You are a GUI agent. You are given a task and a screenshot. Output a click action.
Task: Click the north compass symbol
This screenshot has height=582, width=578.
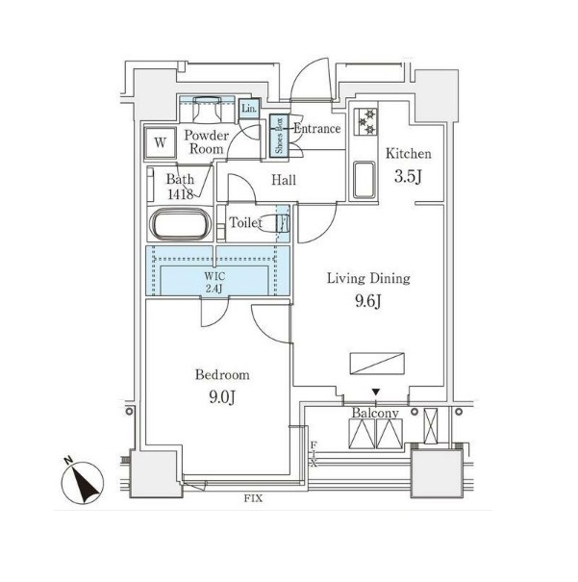(82, 482)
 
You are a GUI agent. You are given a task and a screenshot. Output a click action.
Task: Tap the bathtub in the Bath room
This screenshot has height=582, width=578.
(180, 224)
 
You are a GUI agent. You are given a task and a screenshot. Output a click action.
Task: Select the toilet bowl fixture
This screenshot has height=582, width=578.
(273, 223)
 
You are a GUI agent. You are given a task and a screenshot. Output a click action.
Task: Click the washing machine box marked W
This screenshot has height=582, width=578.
(160, 143)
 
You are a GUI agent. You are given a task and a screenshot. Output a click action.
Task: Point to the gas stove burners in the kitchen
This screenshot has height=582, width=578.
(365, 122)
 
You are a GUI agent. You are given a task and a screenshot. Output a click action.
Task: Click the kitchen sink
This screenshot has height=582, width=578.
(364, 180)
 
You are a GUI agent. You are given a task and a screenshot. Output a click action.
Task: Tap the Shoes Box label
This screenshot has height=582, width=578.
(279, 136)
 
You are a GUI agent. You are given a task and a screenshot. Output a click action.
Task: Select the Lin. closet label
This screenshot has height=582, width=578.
(248, 109)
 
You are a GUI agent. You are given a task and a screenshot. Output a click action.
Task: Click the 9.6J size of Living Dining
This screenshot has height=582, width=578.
(368, 301)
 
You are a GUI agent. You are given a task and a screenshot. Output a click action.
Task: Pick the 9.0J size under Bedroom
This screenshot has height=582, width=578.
(222, 397)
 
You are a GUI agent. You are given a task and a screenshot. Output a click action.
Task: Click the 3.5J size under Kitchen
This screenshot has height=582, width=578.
(408, 176)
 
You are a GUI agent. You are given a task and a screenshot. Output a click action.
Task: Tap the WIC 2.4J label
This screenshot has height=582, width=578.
(214, 282)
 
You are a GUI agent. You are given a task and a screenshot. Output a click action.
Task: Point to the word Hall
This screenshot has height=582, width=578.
(284, 181)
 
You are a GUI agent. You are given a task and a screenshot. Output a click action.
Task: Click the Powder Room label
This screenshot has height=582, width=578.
(206, 142)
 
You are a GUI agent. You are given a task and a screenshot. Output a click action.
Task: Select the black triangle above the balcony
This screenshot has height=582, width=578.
(376, 392)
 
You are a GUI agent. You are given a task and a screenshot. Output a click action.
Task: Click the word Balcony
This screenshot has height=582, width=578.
(375, 413)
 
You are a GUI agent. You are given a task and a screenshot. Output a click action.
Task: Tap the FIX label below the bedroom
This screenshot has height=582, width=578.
(253, 498)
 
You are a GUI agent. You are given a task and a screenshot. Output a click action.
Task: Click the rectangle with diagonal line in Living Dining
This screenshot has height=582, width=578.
(377, 364)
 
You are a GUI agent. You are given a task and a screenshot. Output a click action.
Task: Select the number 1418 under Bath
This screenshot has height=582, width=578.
(180, 193)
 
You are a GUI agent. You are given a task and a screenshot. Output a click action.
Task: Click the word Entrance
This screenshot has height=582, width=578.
(317, 129)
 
